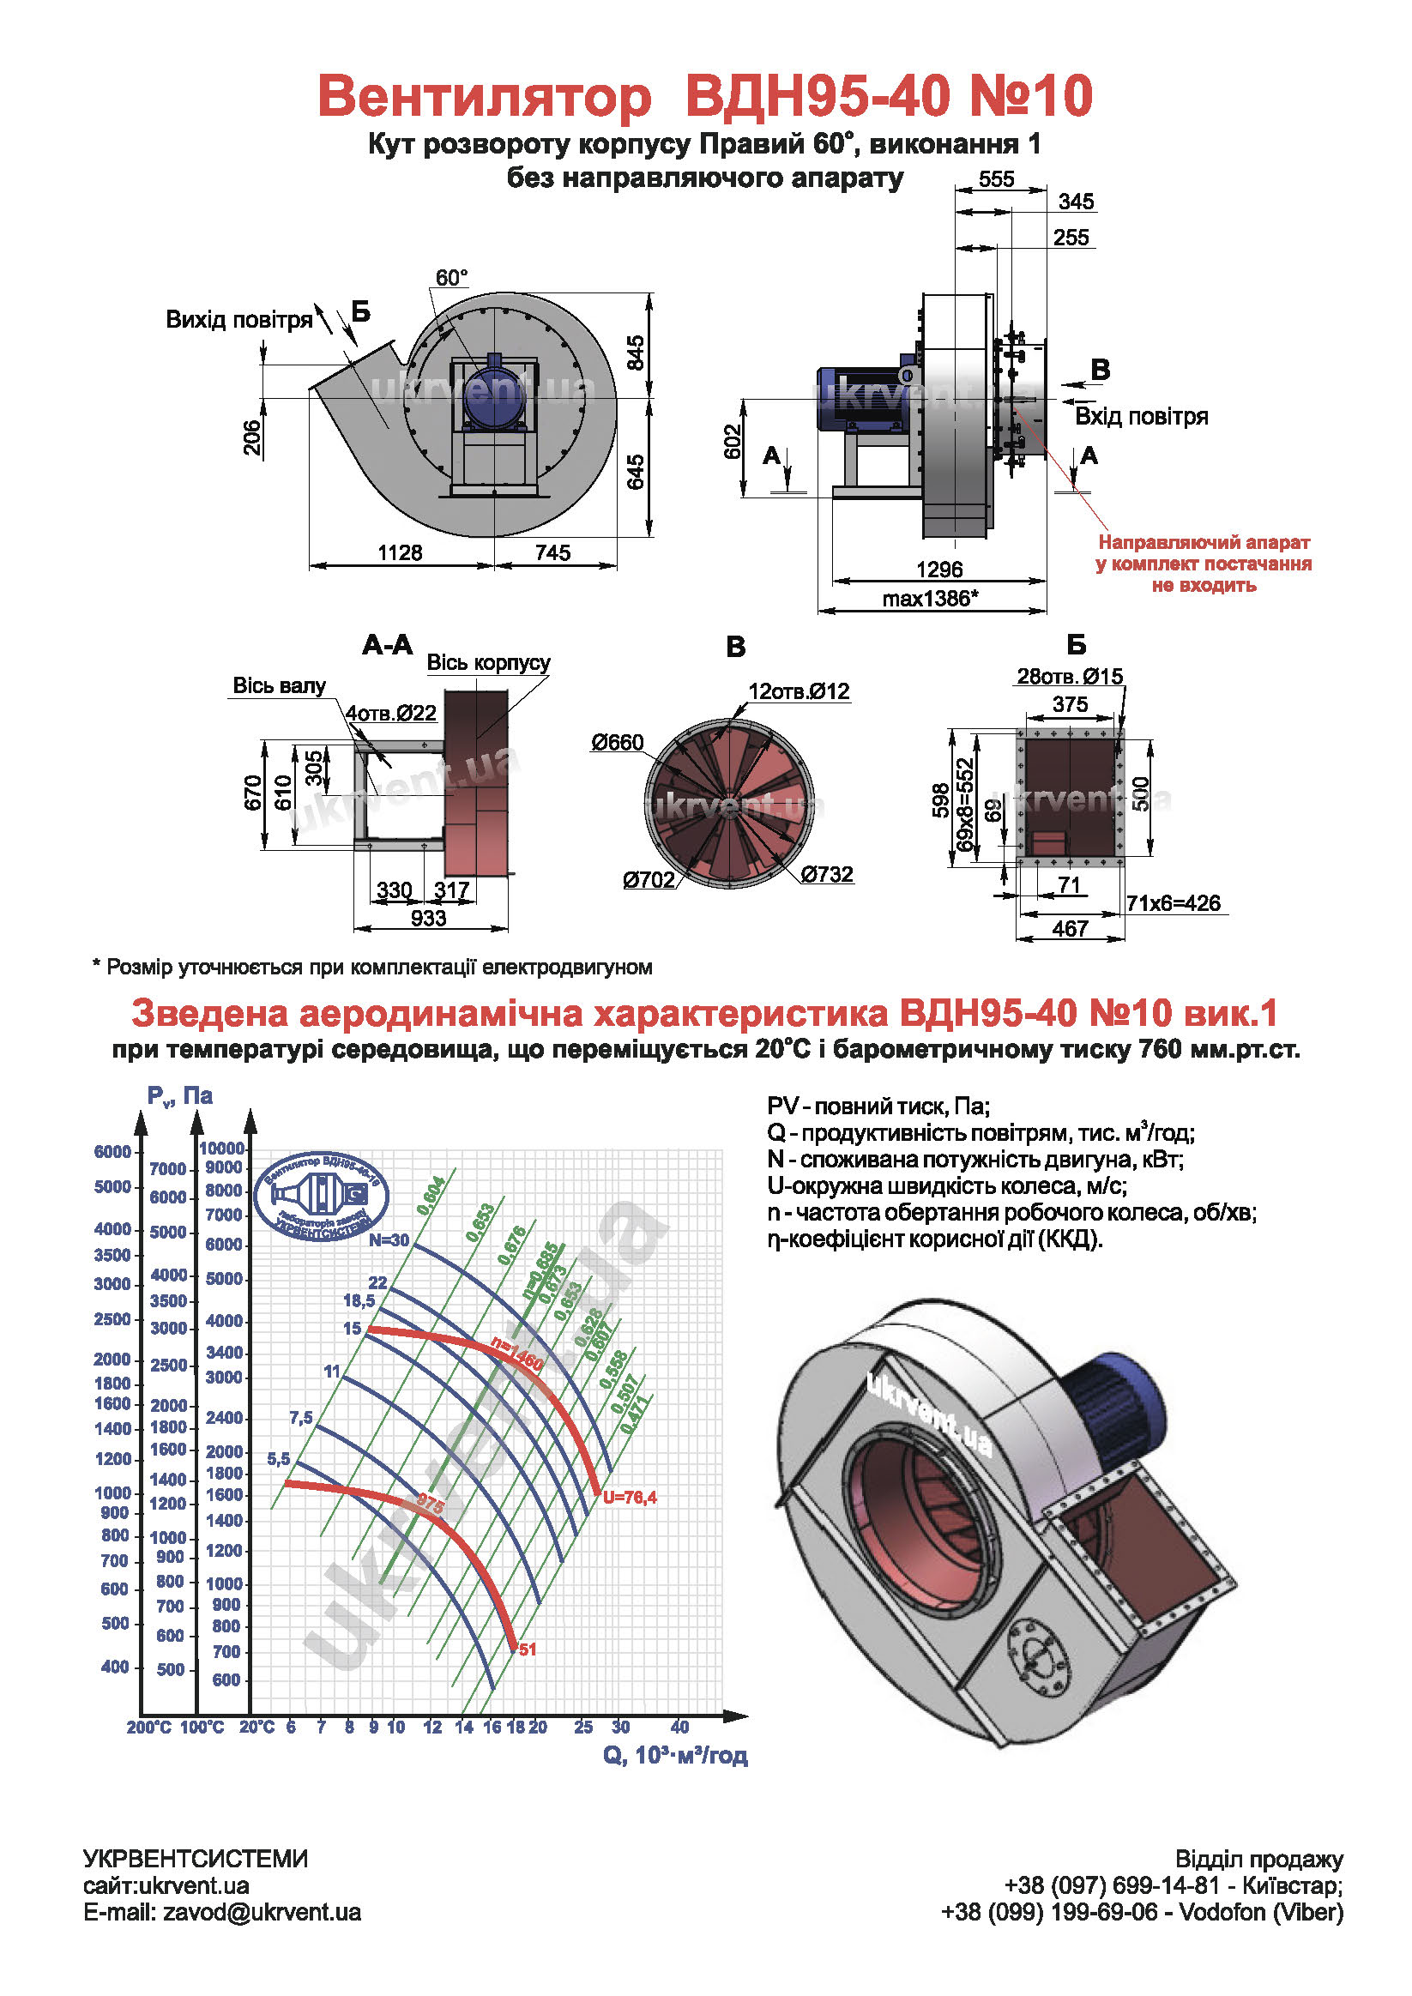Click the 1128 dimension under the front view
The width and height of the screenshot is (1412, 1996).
(400, 553)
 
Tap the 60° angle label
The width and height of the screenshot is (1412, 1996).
(451, 277)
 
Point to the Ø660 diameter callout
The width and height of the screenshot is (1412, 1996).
(618, 743)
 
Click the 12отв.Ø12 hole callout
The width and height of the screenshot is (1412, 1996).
(798, 691)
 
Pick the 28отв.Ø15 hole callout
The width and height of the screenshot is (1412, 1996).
(1070, 677)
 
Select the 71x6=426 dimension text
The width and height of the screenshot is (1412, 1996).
(1173, 903)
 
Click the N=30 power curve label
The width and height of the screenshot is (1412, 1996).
(389, 1240)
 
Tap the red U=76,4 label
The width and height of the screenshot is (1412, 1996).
(630, 1497)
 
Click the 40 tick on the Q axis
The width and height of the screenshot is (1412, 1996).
(679, 1728)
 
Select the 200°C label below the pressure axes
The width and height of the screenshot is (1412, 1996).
(148, 1728)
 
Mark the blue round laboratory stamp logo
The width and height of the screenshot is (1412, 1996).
(322, 1197)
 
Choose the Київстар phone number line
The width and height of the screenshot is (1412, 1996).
(1173, 1885)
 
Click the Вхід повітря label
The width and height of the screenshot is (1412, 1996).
(1141, 416)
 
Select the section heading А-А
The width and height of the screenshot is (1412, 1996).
(388, 645)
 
